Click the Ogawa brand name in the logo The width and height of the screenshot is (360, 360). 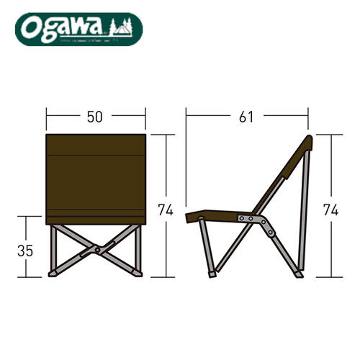(64, 28)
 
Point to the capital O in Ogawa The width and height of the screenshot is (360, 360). (30, 29)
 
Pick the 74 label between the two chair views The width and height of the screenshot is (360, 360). (166, 210)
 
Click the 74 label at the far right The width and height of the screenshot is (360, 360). (331, 210)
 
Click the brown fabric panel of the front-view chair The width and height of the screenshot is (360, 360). (95, 176)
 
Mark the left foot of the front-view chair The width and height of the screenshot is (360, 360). (53, 274)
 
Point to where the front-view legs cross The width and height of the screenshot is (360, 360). (95, 249)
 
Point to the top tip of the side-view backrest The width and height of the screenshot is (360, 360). (310, 138)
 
